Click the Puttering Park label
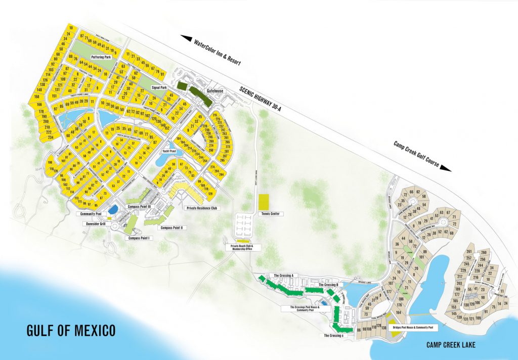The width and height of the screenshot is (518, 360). coord(101,57)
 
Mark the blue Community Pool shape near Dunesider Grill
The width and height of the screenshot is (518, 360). coord(114,209)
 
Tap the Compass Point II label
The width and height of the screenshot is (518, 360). coord(172,228)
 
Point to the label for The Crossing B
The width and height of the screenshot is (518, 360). coord(328,285)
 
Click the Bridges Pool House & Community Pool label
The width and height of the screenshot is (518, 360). coord(414,328)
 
